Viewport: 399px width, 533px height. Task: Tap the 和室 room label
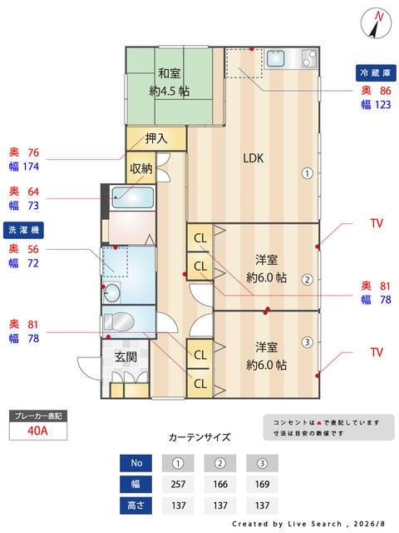pos(170,73)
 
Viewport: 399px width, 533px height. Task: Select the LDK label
pos(253,158)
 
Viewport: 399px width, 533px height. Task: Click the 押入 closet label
pos(156,138)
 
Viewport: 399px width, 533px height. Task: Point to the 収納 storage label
pos(140,168)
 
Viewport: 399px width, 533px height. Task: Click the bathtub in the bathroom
pos(133,197)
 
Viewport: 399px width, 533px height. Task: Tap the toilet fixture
pos(118,322)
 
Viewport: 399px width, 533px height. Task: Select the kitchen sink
pos(275,58)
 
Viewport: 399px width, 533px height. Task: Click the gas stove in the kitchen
pos(309,58)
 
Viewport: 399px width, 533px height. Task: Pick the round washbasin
pos(111,292)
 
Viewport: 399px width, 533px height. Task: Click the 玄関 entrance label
pos(126,357)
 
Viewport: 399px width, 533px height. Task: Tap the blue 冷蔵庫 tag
pos(376,72)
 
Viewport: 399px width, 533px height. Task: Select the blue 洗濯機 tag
pos(23,230)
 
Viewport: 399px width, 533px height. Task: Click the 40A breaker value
pos(37,431)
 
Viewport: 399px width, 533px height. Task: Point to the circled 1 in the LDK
pos(307,174)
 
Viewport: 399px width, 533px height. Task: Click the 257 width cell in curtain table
pos(178,484)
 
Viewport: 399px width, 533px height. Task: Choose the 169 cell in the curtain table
pos(262,484)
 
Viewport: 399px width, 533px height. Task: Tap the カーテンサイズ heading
pos(199,437)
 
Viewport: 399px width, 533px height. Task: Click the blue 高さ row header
pos(135,506)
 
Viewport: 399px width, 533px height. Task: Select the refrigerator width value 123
pos(382,104)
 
